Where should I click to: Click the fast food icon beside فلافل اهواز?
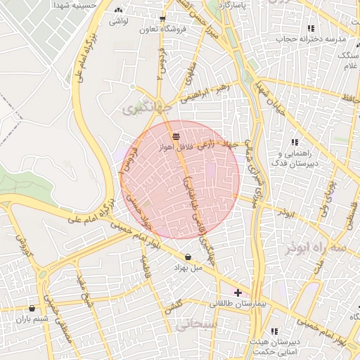pos(175,136)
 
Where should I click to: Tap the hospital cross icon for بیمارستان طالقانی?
pos(238,292)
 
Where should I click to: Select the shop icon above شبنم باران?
pos(32,308)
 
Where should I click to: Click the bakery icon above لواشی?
pos(117,11)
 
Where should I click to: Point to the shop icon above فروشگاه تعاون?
pos(163,19)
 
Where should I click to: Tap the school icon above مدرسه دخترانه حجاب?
pos(310,28)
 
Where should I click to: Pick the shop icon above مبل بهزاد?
pos(188,257)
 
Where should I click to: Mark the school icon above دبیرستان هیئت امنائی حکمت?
pos(274,330)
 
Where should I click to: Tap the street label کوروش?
pos(21,239)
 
